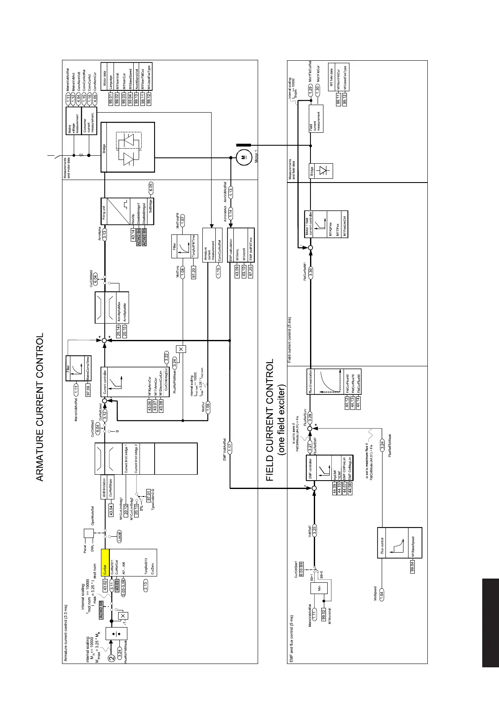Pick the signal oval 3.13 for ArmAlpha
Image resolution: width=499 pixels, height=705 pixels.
point(105,234)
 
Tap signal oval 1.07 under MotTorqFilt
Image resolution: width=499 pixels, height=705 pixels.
point(183,218)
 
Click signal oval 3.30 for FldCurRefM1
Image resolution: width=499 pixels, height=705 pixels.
point(310,271)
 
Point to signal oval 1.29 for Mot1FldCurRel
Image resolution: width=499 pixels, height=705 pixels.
point(310,89)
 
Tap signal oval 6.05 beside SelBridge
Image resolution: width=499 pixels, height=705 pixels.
point(151,187)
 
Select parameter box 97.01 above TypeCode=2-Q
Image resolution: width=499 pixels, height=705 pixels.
point(149,494)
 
